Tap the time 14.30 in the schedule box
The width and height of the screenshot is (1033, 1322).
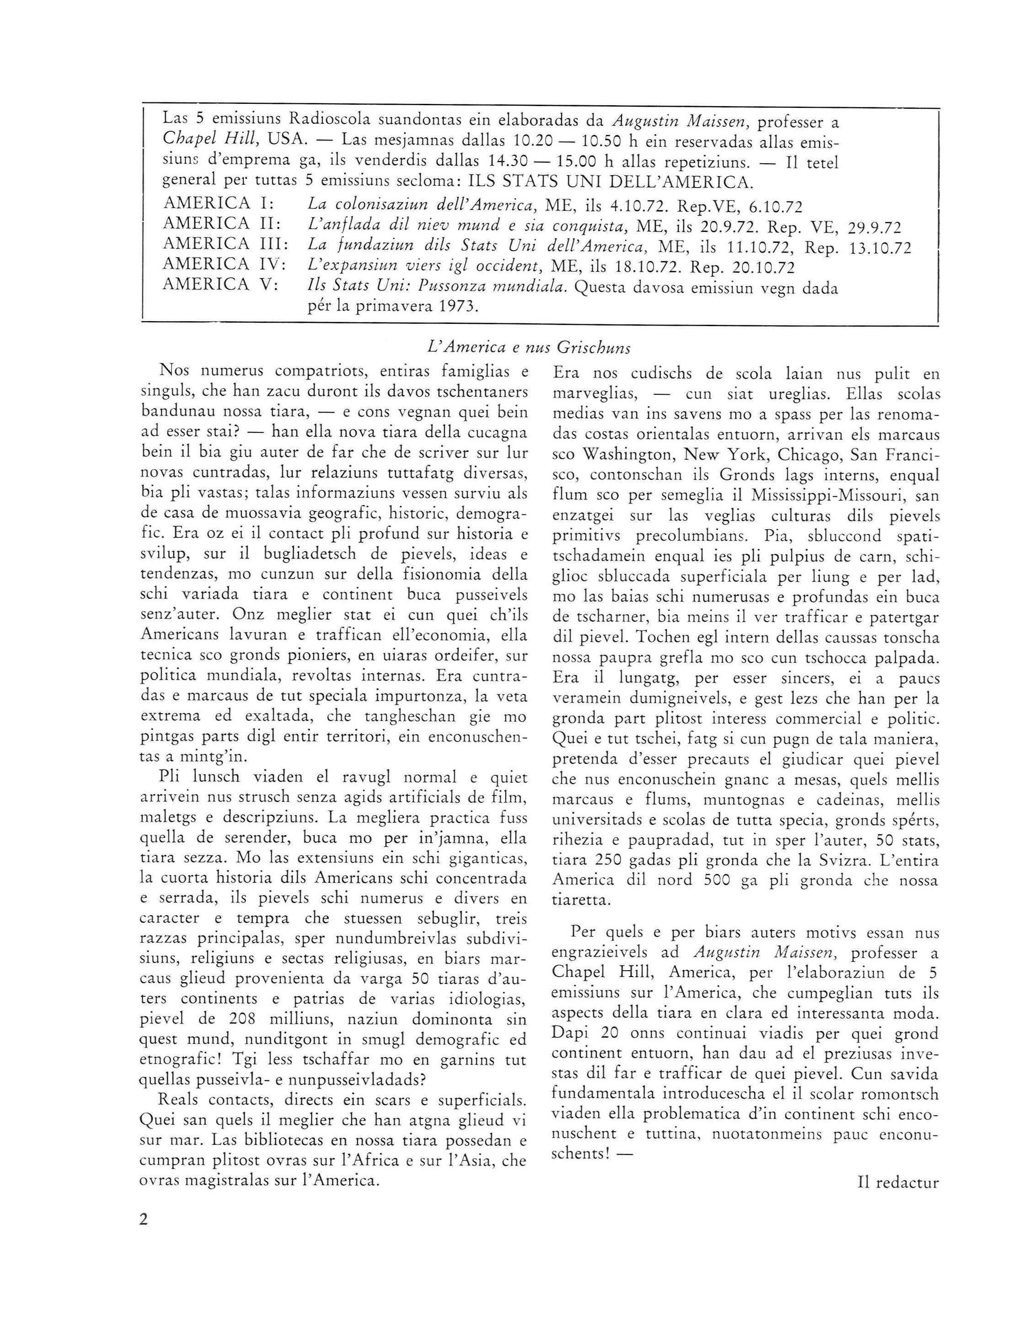click(505, 163)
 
